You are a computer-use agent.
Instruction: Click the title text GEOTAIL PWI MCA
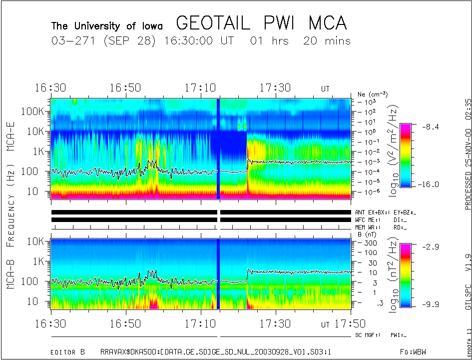(261, 23)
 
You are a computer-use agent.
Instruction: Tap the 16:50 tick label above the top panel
(125, 88)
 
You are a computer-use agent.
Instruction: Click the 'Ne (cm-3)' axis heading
(373, 94)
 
